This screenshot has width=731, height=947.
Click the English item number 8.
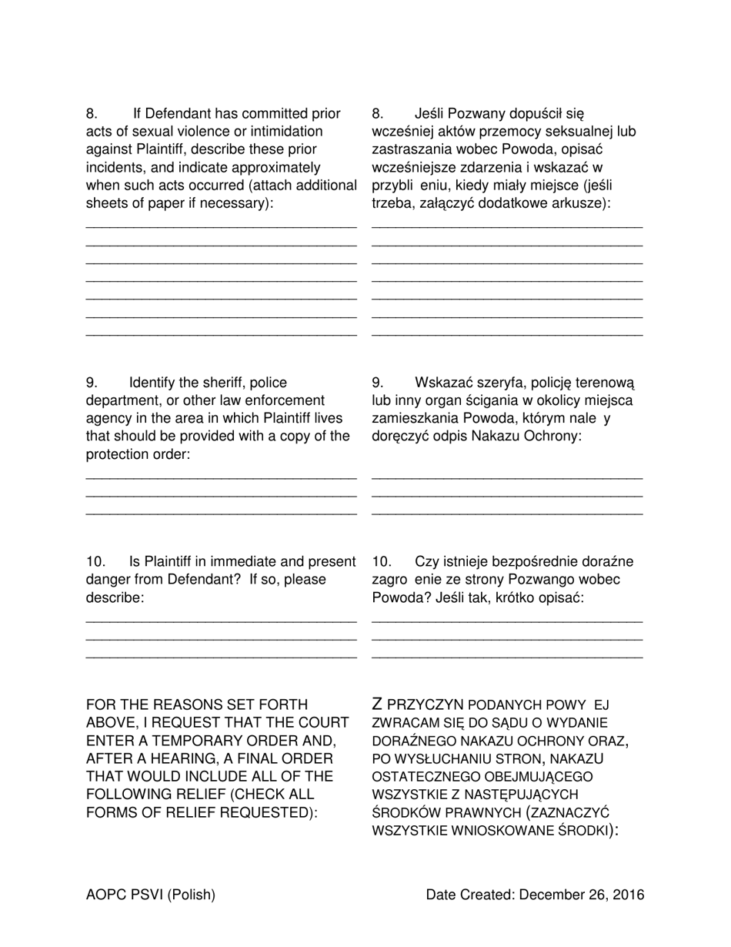[x=92, y=114]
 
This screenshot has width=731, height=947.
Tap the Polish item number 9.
[x=378, y=383]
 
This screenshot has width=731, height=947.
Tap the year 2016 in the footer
[x=628, y=895]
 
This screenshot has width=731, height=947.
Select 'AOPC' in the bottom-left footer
[x=105, y=895]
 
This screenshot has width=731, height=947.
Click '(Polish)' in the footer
[x=191, y=895]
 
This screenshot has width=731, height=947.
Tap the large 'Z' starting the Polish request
[x=377, y=704]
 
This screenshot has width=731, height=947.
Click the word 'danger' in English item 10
[x=108, y=580]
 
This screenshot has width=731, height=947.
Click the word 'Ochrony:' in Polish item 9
[x=556, y=436]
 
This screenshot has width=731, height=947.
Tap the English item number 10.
[x=95, y=562]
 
